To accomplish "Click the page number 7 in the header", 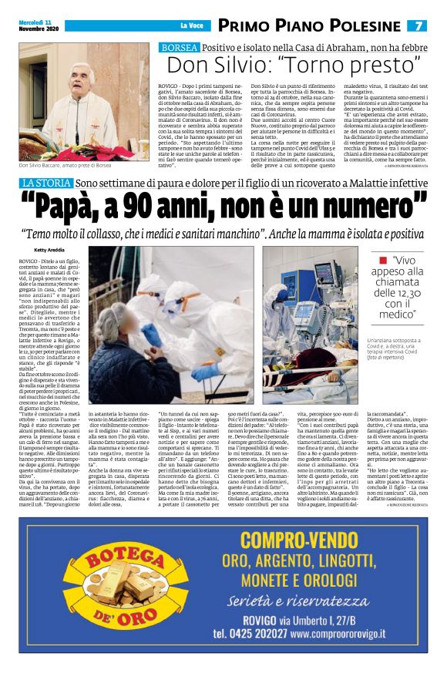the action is pyautogui.click(x=419, y=25).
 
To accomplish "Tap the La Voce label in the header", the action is pyautogui.click(x=190, y=26).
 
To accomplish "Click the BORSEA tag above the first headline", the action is pyautogui.click(x=179, y=48).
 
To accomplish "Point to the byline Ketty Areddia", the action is pyautogui.click(x=49, y=250).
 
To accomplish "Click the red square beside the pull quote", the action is pyautogui.click(x=382, y=261).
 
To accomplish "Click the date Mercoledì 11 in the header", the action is pyautogui.click(x=35, y=22).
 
